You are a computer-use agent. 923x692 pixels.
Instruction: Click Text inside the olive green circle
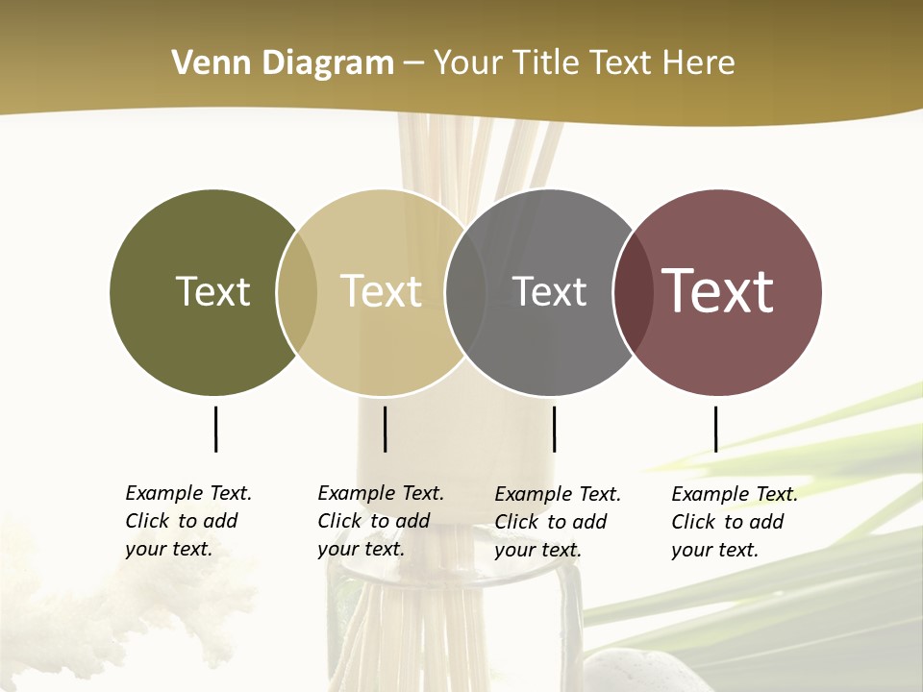pyautogui.click(x=212, y=291)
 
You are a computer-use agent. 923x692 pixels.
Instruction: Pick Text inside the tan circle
pyautogui.click(x=382, y=291)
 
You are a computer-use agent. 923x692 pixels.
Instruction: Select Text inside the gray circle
pyautogui.click(x=549, y=291)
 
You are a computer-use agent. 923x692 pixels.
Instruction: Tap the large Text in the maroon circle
pyautogui.click(x=718, y=291)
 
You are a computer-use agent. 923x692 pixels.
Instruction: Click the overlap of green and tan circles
pyautogui.click(x=297, y=292)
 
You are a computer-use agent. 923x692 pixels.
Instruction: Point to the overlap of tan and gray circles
pyautogui.click(x=465, y=292)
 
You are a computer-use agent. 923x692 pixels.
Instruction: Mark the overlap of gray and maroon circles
pyautogui.click(x=633, y=292)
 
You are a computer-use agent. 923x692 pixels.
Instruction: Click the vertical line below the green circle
pyautogui.click(x=215, y=429)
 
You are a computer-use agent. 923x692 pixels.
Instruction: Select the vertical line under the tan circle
pyautogui.click(x=385, y=429)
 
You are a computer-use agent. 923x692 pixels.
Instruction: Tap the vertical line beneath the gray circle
pyautogui.click(x=554, y=429)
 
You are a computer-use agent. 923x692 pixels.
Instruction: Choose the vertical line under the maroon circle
pyautogui.click(x=715, y=429)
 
